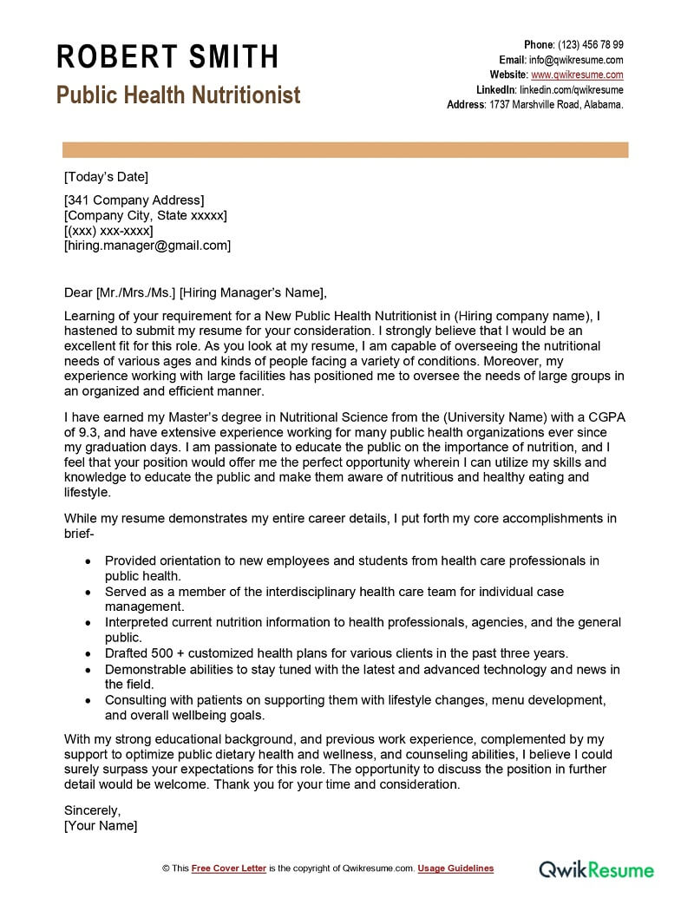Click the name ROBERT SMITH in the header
pyautogui.click(x=167, y=57)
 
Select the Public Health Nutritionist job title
pyautogui.click(x=179, y=95)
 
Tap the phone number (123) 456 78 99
pyautogui.click(x=590, y=45)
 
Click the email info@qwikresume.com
pyautogui.click(x=576, y=60)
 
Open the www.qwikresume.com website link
pyautogui.click(x=577, y=75)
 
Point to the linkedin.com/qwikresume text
pyautogui.click(x=571, y=89)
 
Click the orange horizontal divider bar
pyautogui.click(x=345, y=150)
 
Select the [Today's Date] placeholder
pyautogui.click(x=106, y=177)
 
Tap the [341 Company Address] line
pyautogui.click(x=134, y=200)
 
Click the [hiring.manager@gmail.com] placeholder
pyautogui.click(x=147, y=246)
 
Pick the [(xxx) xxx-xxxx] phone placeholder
pyautogui.click(x=108, y=231)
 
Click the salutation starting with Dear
pyautogui.click(x=196, y=292)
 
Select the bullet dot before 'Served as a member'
pyautogui.click(x=89, y=592)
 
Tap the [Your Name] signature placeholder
pyautogui.click(x=101, y=825)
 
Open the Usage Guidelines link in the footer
pyautogui.click(x=455, y=869)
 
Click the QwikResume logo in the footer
pyautogui.click(x=597, y=869)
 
